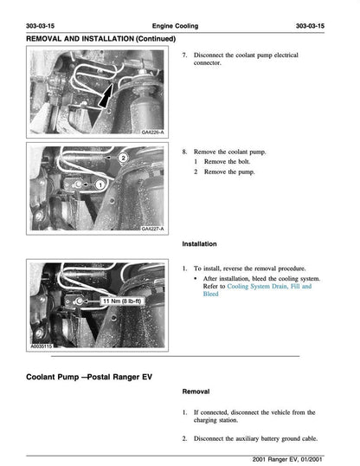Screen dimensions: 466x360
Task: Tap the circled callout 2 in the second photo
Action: [x=124, y=159]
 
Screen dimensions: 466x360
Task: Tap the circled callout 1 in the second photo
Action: [x=100, y=184]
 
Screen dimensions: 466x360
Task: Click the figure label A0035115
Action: [x=43, y=344]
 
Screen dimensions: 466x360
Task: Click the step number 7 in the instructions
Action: [x=185, y=54]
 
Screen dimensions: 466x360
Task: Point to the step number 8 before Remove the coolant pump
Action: [x=185, y=151]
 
